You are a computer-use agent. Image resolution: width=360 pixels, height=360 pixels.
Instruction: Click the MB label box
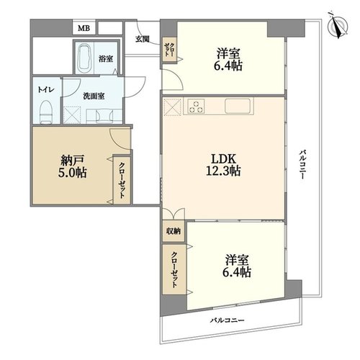coord(84,28)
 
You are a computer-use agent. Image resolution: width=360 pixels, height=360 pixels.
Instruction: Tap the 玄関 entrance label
coord(143,39)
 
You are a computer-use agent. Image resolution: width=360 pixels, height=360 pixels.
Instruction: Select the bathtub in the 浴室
coord(84,58)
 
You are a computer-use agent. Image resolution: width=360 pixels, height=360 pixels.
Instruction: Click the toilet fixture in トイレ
coord(45,112)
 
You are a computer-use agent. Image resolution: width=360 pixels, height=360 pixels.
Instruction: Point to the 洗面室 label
coord(94,96)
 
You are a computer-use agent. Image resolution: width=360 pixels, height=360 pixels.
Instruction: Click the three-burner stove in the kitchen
coord(196,106)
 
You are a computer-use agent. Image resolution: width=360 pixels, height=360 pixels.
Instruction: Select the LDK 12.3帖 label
coord(224,165)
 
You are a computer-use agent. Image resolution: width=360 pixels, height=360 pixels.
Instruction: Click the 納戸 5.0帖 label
coord(72,166)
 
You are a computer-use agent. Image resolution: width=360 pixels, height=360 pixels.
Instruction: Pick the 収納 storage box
coord(174,231)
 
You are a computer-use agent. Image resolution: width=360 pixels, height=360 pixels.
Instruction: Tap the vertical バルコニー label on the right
coord(302,164)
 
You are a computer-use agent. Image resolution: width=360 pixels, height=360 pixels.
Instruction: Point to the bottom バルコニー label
coord(228,320)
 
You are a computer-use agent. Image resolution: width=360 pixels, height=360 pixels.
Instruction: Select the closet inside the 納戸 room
coord(122,181)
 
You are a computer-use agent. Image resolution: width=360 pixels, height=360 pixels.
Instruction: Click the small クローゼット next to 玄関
coord(169,50)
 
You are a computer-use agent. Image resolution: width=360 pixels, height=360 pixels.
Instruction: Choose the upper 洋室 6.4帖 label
coord(228,59)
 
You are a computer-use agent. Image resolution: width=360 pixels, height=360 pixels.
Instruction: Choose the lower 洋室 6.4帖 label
coord(237,266)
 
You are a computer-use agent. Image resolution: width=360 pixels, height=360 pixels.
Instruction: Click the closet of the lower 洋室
coord(174,269)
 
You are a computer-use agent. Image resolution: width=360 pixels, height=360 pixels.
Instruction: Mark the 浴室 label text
coord(106,59)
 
